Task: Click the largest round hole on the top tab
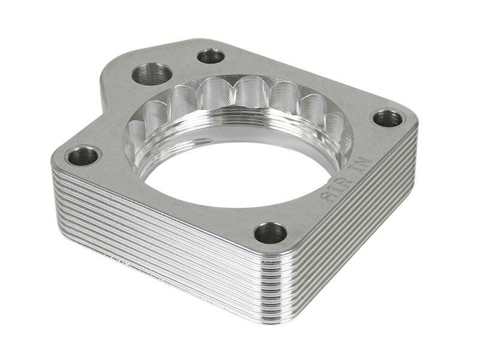click(x=152, y=74)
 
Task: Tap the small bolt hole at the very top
click(x=211, y=56)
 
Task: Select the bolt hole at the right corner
click(x=388, y=118)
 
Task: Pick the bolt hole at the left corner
click(x=83, y=156)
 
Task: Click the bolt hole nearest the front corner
click(x=270, y=233)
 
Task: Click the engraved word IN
click(x=365, y=166)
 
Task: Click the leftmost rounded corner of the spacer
click(x=57, y=165)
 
